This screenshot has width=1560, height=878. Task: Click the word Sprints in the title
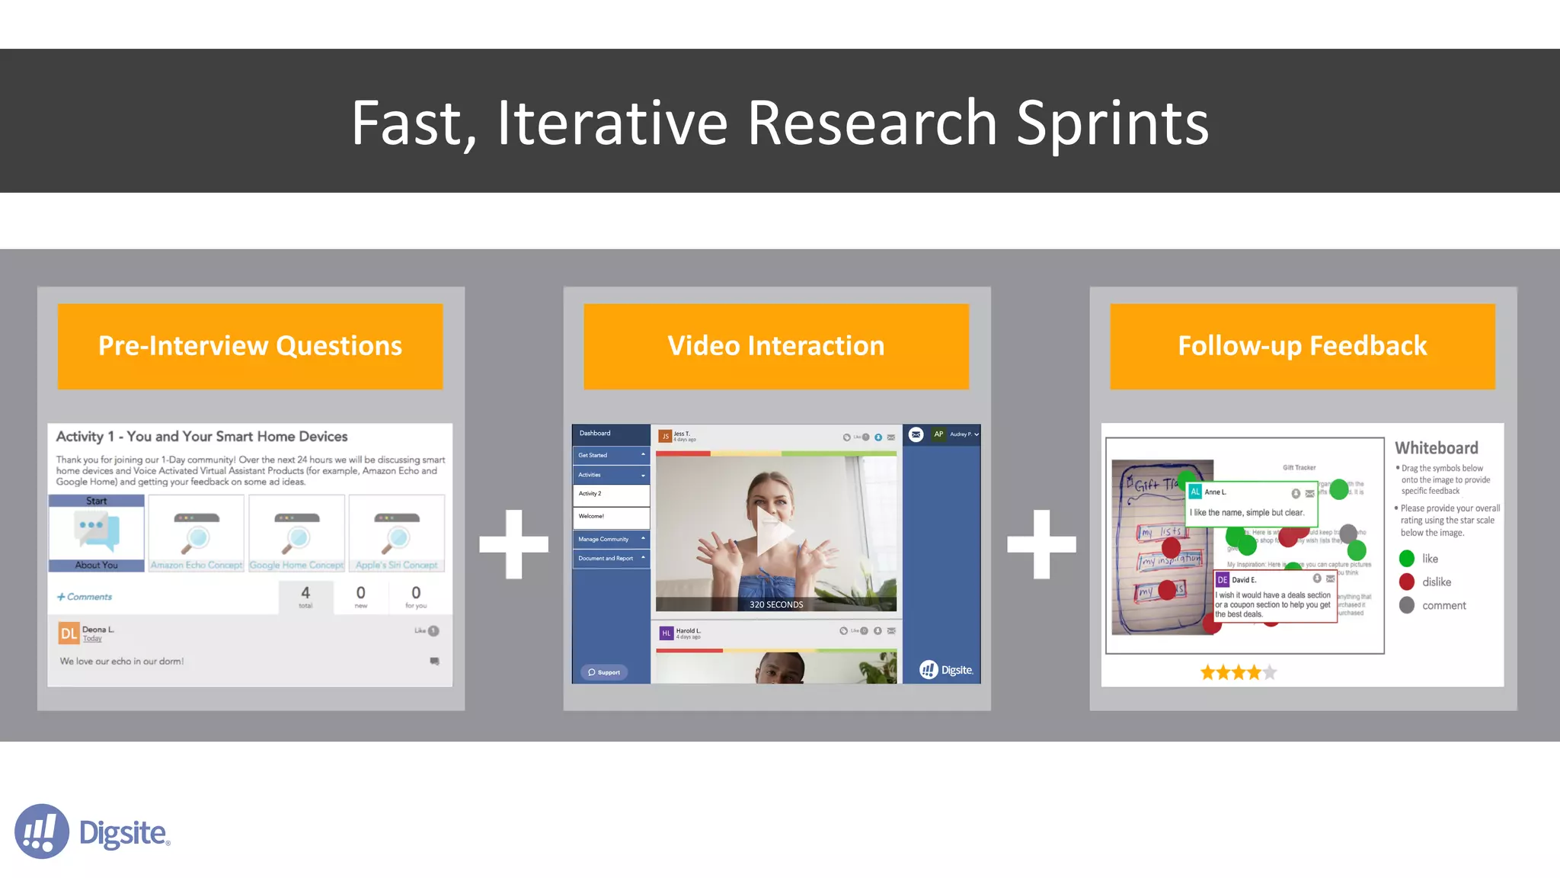click(x=1112, y=123)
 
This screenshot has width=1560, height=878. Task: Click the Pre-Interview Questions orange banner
click(x=250, y=346)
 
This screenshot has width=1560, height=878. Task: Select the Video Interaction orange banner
click(x=775, y=346)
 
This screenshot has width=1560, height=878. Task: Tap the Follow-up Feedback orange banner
click(x=1302, y=346)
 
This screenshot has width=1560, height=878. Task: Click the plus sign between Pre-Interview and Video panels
click(x=513, y=544)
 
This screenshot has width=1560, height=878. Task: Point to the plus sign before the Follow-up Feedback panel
click(x=1041, y=544)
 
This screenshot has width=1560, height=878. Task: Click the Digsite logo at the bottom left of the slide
click(x=91, y=832)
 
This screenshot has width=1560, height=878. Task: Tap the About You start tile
click(x=97, y=533)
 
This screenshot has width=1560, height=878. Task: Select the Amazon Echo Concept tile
click(x=197, y=533)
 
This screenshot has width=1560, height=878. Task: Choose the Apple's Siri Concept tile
click(x=397, y=533)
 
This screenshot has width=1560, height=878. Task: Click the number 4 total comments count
click(x=305, y=593)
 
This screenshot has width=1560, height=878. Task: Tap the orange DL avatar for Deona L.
click(x=69, y=633)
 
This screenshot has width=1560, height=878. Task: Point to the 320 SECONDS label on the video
click(x=775, y=604)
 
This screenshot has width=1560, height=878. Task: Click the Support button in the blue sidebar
click(x=604, y=672)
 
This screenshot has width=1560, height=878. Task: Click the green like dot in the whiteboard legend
click(x=1407, y=559)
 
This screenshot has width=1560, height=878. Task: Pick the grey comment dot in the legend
click(x=1407, y=605)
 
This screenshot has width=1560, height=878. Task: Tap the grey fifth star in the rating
click(x=1269, y=672)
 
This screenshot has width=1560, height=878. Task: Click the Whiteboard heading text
click(x=1436, y=448)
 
